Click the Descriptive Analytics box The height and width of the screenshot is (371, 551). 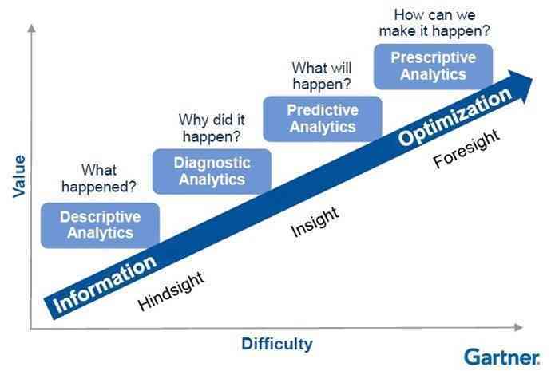point(100,225)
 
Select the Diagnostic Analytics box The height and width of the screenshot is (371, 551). point(212,171)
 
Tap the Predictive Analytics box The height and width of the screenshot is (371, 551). point(323,118)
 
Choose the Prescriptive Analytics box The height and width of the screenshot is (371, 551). point(433,66)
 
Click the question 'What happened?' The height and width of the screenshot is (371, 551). point(98,179)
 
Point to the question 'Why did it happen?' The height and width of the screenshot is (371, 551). point(211,128)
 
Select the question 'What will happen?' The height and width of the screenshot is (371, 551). point(322,76)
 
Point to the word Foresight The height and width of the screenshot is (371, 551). point(466,148)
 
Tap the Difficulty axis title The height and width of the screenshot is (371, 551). point(276,345)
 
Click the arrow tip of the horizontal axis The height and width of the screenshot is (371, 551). point(520,327)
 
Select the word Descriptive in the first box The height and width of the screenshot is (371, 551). point(100,217)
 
